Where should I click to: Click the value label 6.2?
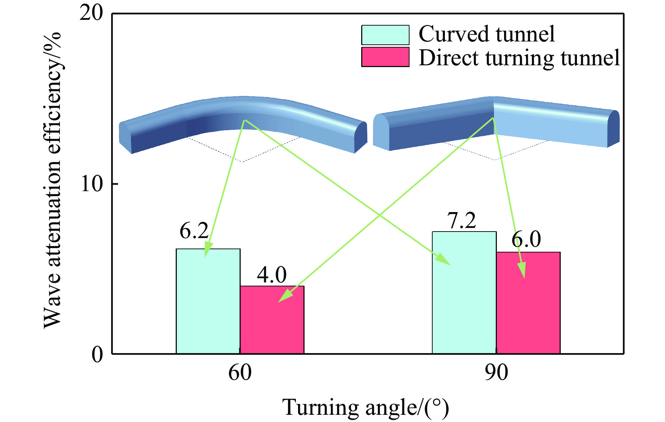click(194, 231)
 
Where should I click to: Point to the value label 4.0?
click(272, 275)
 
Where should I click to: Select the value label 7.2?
click(461, 220)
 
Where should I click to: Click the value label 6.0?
click(526, 239)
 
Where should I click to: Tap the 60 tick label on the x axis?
click(240, 373)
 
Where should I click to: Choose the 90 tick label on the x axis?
click(496, 373)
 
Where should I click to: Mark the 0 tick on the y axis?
click(97, 354)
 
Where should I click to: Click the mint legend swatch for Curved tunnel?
click(385, 35)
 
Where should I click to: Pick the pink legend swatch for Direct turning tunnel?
click(385, 57)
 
